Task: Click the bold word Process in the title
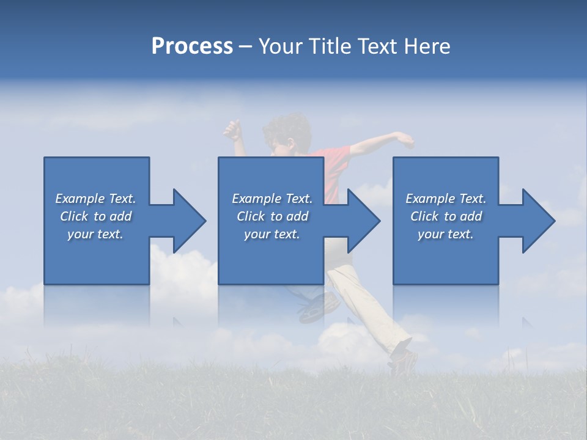click(192, 46)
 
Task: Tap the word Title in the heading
click(330, 46)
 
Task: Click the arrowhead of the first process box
click(190, 221)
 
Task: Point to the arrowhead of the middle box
click(364, 221)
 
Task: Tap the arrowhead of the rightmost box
click(539, 221)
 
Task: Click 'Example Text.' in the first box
click(95, 199)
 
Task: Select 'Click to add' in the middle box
click(272, 216)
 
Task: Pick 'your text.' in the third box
click(445, 234)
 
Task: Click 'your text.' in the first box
click(95, 234)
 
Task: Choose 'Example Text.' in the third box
click(445, 199)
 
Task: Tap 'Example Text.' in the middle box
click(272, 199)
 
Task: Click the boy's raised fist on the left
click(232, 130)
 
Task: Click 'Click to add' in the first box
click(95, 216)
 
